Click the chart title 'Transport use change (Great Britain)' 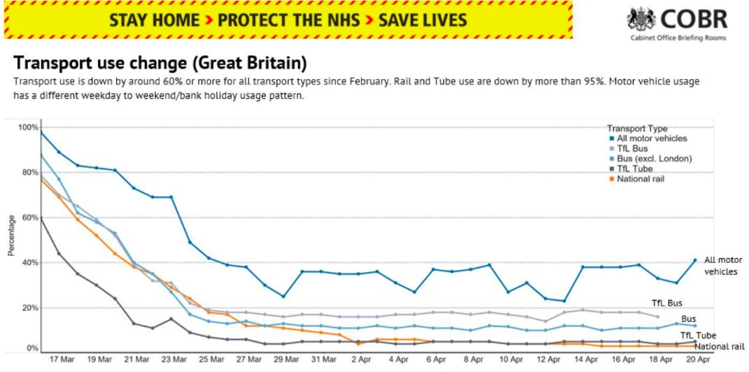tap(160, 64)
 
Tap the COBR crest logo tap(640, 19)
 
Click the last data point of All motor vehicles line tap(695, 260)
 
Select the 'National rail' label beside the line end tap(720, 345)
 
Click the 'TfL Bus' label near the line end tap(667, 303)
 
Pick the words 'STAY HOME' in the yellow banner tap(154, 20)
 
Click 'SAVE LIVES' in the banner tap(423, 20)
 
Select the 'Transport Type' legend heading tap(637, 129)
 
